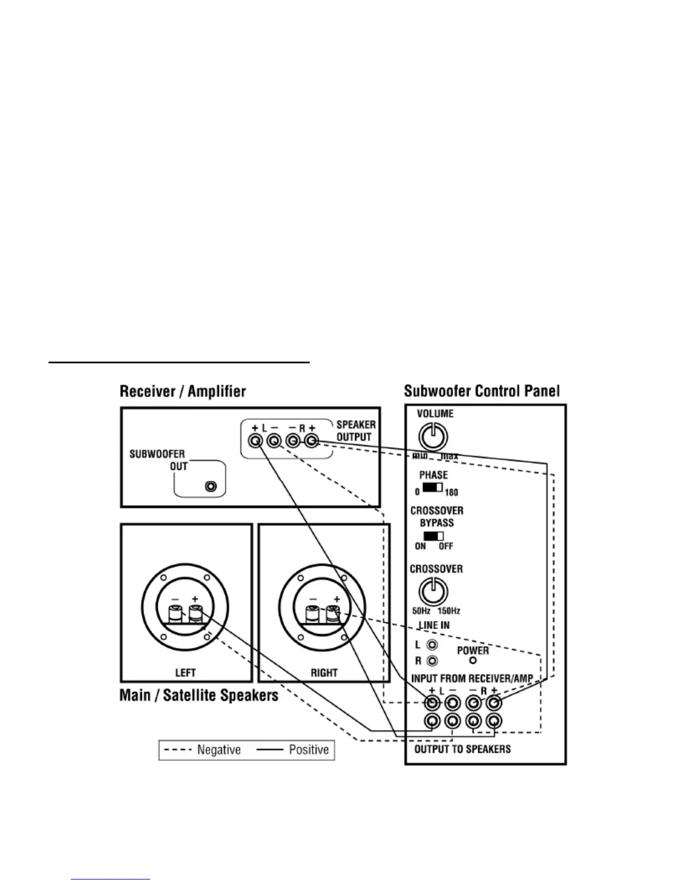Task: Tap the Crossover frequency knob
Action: pos(434,591)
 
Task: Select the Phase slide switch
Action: pos(432,488)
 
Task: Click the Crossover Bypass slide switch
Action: pos(433,536)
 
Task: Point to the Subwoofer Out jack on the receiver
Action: pos(211,486)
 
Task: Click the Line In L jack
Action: pos(432,645)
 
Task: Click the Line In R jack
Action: pos(432,661)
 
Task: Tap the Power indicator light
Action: pos(473,661)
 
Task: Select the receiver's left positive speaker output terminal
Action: pos(256,441)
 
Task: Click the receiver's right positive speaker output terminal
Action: pos(311,441)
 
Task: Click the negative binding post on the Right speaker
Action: pos(312,614)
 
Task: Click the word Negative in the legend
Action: pos(219,750)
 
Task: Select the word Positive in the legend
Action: pos(309,750)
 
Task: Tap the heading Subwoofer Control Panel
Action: pos(482,391)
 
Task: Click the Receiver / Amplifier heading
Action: pos(182,391)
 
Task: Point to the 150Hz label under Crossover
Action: pos(449,611)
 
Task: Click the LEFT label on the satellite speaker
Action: pos(185,672)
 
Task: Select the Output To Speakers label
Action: pos(463,749)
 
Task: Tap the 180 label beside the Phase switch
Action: pos(451,492)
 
